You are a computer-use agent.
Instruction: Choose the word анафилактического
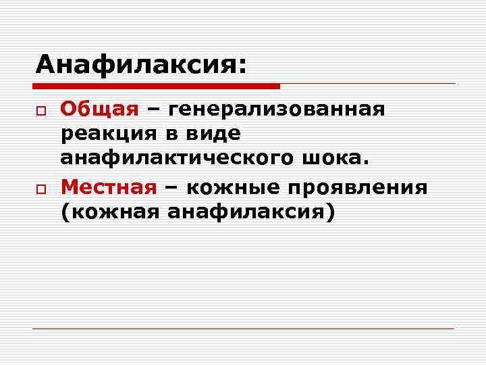point(174,159)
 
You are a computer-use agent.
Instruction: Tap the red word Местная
point(109,186)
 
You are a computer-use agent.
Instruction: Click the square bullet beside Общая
point(40,110)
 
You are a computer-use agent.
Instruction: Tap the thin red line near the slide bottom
point(243,329)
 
